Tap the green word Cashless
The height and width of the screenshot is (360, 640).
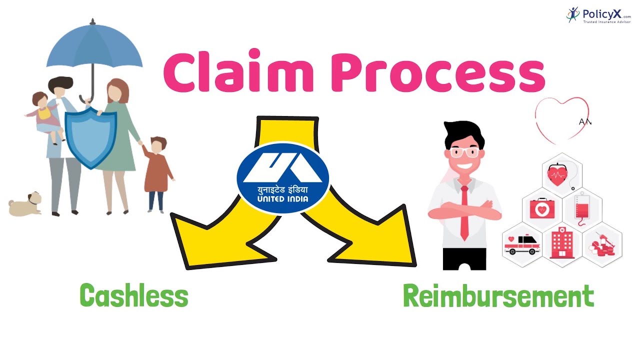click(x=134, y=295)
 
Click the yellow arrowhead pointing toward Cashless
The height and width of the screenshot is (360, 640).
click(x=210, y=240)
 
